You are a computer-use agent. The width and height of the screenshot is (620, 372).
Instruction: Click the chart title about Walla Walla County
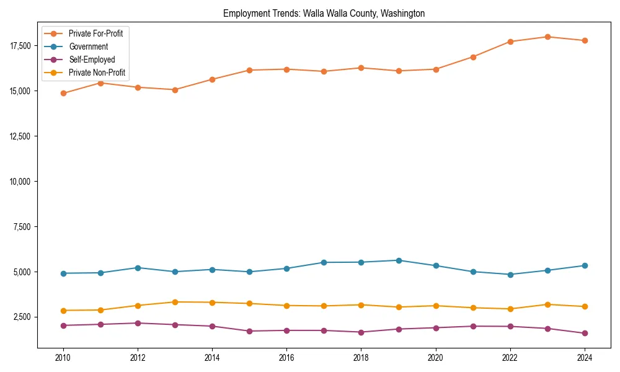(324, 14)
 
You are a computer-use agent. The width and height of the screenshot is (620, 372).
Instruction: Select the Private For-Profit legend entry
(95, 33)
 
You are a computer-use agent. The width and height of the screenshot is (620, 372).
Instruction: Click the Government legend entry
(88, 46)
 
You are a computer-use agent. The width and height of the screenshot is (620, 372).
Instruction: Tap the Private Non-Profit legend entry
(97, 73)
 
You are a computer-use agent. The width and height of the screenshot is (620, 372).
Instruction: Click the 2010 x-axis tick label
(63, 358)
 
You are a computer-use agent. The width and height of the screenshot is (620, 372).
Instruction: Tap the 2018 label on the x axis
(361, 358)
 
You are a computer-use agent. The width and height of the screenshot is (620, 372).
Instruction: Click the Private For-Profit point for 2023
(547, 37)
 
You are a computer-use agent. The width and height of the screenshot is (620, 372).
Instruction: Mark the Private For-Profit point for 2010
(63, 94)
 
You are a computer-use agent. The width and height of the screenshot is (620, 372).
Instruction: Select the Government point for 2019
(398, 260)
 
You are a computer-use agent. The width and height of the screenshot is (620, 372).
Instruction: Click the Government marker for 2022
(510, 275)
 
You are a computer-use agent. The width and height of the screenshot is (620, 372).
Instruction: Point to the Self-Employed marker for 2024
(584, 334)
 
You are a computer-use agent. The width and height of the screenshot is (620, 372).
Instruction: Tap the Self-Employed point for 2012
(137, 323)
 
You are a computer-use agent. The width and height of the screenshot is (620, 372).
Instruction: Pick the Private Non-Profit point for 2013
(174, 302)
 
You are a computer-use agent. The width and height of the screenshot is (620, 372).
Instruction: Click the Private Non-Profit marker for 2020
(435, 306)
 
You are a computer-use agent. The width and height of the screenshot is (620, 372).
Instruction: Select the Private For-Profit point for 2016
(286, 69)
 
